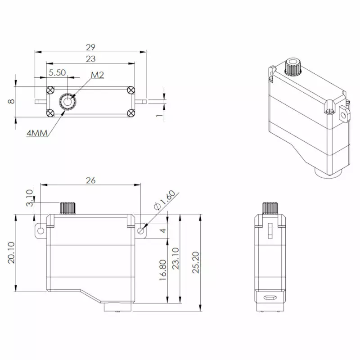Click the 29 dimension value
[x=91, y=46]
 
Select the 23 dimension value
[x=91, y=58]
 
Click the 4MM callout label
[x=37, y=134]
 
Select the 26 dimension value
[x=90, y=180]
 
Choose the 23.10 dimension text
[x=175, y=259]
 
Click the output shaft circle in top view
[x=68, y=101]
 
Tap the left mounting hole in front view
[x=41, y=231]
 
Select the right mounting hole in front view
[x=141, y=231]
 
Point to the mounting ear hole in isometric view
[x=345, y=115]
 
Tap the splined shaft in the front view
[x=67, y=208]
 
